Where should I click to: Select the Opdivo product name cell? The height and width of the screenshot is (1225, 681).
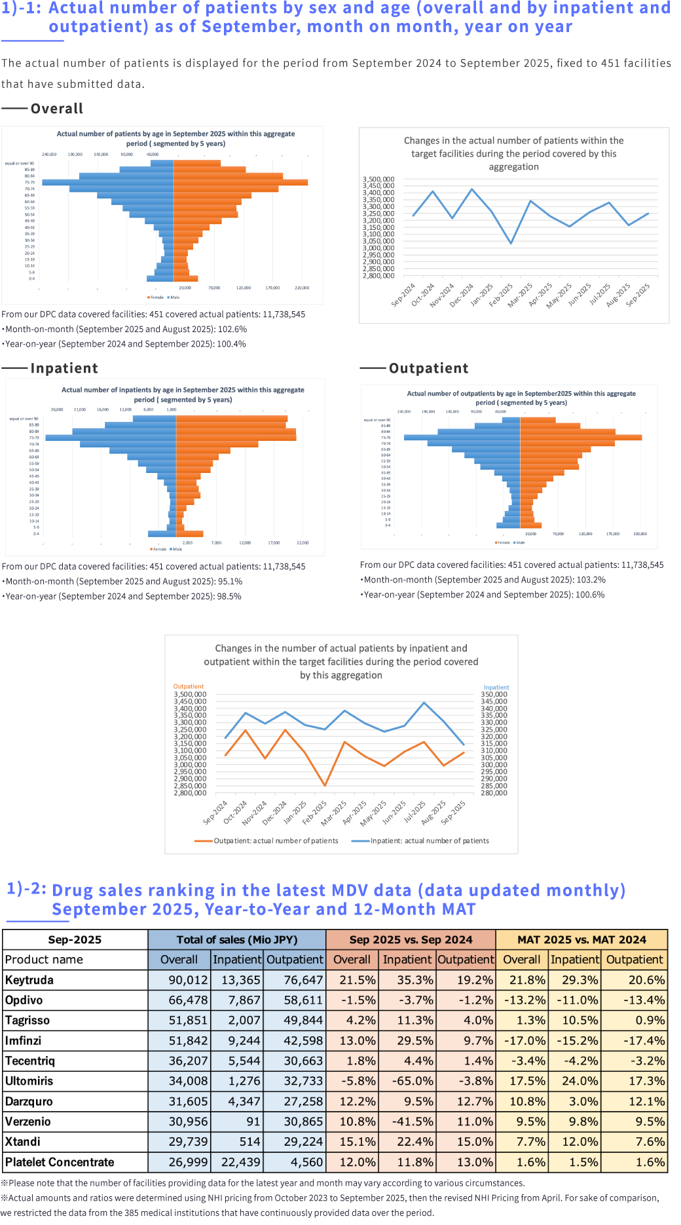[x=24, y=1000]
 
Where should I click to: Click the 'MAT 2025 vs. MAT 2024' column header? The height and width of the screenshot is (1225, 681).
[x=581, y=939]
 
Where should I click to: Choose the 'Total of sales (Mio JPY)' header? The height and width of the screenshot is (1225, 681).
[x=237, y=939]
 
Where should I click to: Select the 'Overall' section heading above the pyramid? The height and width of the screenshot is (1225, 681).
[x=57, y=109]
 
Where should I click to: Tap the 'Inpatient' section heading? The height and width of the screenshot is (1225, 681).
[x=64, y=368]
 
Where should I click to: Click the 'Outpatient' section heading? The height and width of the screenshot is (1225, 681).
[x=429, y=368]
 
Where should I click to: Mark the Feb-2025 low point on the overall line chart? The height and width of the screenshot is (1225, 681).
[x=511, y=243]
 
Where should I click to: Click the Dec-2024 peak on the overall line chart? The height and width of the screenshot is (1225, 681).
[x=472, y=189]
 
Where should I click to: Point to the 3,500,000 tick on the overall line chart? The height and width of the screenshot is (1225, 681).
[x=378, y=179]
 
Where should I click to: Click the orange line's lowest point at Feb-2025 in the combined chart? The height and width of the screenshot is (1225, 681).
[x=325, y=785]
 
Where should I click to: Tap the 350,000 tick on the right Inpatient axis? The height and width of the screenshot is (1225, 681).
[x=494, y=694]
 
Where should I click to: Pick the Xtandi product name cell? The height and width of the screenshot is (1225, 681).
[x=23, y=1142]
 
